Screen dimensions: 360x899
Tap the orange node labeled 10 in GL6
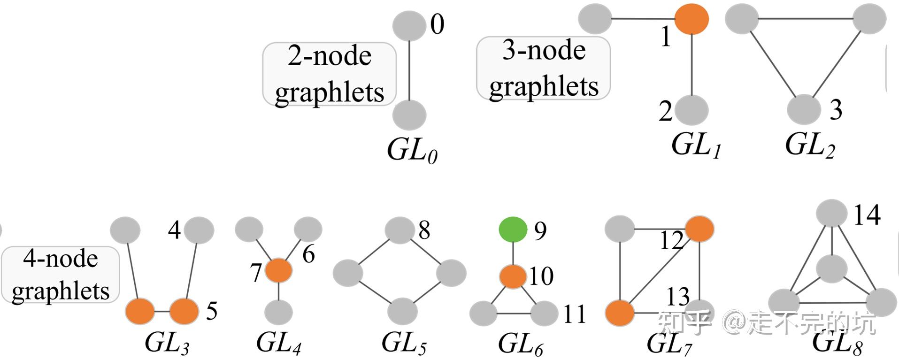pos(513,276)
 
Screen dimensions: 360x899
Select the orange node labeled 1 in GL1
pos(692,19)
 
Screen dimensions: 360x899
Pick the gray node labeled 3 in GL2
pos(803,109)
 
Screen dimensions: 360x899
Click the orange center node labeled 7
pos(278,270)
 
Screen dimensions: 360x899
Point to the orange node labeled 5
pos(184,311)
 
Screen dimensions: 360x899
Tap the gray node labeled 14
pos(831,213)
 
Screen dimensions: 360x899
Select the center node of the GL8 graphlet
pos(831,269)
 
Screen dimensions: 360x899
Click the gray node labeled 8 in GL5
pos(400,230)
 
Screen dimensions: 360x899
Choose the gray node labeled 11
pos(544,313)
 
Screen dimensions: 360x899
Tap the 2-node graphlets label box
pos(329,74)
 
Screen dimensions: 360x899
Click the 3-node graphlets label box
pos(543,69)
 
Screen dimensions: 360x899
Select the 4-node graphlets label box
pos(60,275)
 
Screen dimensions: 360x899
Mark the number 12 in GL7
pos(671,241)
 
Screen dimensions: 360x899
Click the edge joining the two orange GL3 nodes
pos(162,311)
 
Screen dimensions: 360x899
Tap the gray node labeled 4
pos(199,230)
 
